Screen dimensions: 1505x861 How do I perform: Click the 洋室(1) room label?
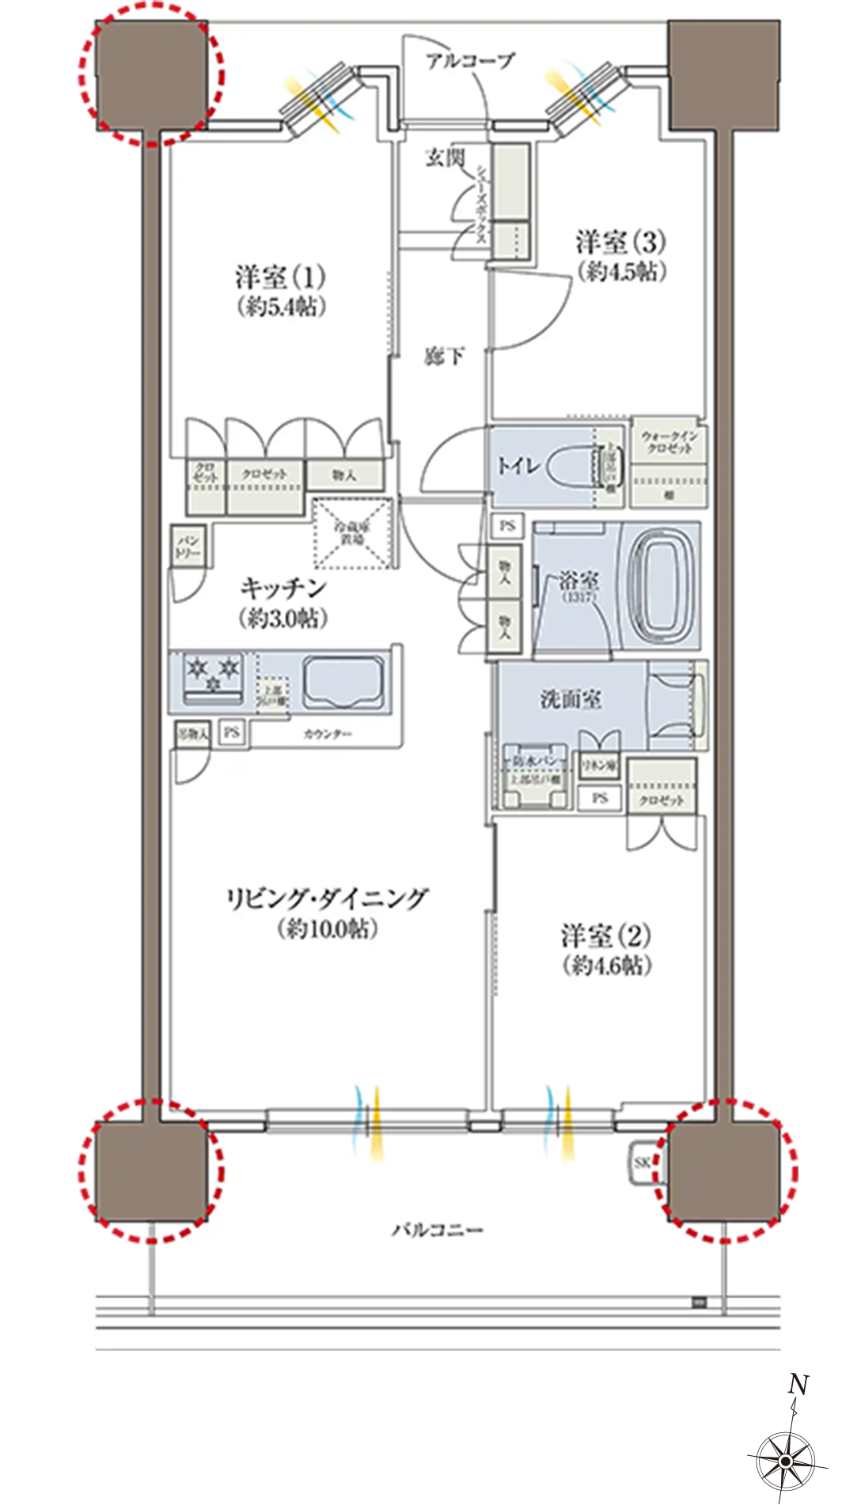[280, 278]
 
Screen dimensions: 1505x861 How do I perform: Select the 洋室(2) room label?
[606, 936]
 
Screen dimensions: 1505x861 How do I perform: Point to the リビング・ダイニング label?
[327, 899]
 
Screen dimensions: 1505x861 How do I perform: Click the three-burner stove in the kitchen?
[212, 677]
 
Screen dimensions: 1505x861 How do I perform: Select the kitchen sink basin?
[345, 681]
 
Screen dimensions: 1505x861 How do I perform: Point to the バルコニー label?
[437, 1231]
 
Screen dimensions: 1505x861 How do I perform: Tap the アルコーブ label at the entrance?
[470, 60]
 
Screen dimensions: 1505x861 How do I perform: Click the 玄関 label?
[444, 157]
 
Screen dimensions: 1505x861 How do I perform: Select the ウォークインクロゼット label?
[669, 442]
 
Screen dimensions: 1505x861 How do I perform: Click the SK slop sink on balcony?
[643, 1163]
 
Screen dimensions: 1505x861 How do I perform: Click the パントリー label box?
[188, 546]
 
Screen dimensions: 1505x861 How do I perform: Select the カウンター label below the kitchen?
[327, 735]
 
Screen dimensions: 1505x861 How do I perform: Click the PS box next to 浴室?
[507, 525]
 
